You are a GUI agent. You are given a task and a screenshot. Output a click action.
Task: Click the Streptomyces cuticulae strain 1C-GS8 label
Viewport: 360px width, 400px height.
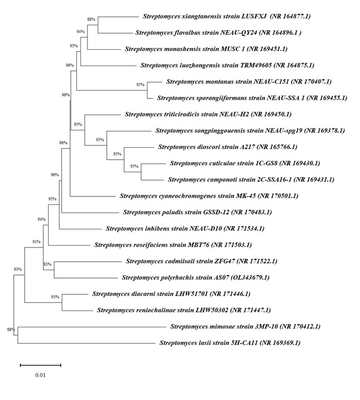click(245, 163)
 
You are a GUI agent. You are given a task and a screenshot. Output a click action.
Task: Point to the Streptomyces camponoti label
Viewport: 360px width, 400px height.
click(243, 179)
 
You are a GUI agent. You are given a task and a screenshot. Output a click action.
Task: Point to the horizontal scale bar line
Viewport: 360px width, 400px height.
click(40, 364)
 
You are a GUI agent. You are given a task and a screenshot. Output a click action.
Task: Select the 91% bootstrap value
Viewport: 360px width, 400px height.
click(36, 242)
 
